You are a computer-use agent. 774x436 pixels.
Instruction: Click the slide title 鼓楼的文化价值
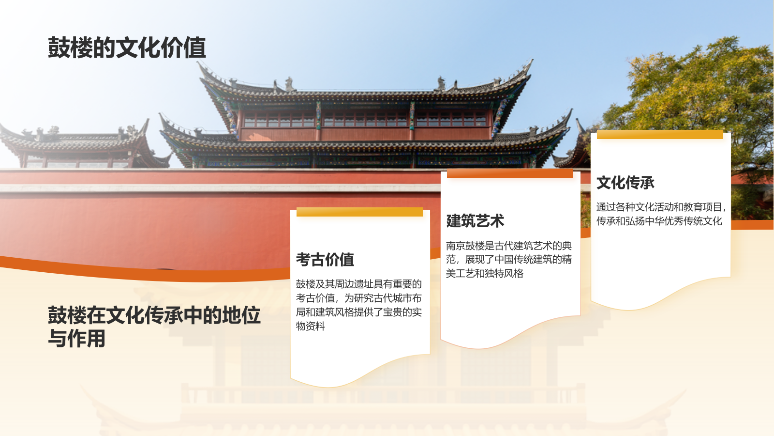(x=127, y=48)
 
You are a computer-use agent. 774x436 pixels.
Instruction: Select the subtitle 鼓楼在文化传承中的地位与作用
(x=154, y=327)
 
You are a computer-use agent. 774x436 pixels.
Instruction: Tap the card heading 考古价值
(x=325, y=260)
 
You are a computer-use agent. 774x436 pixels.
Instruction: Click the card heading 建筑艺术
(x=475, y=221)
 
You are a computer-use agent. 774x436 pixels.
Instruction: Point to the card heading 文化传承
(x=625, y=183)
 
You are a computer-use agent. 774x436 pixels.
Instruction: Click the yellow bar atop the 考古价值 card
(x=359, y=212)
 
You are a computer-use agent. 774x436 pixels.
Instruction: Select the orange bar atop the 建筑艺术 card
(x=510, y=173)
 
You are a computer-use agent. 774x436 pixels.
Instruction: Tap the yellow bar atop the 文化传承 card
(x=660, y=135)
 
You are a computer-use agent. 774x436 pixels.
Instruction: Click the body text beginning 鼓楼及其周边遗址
(x=359, y=305)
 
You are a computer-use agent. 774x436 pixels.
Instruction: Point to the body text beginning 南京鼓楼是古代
(x=508, y=260)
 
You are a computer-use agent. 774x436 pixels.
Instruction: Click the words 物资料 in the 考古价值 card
(x=311, y=326)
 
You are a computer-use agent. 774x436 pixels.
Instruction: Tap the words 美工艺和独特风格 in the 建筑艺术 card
(x=484, y=274)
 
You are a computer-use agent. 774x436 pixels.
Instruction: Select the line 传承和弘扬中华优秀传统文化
(x=659, y=221)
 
